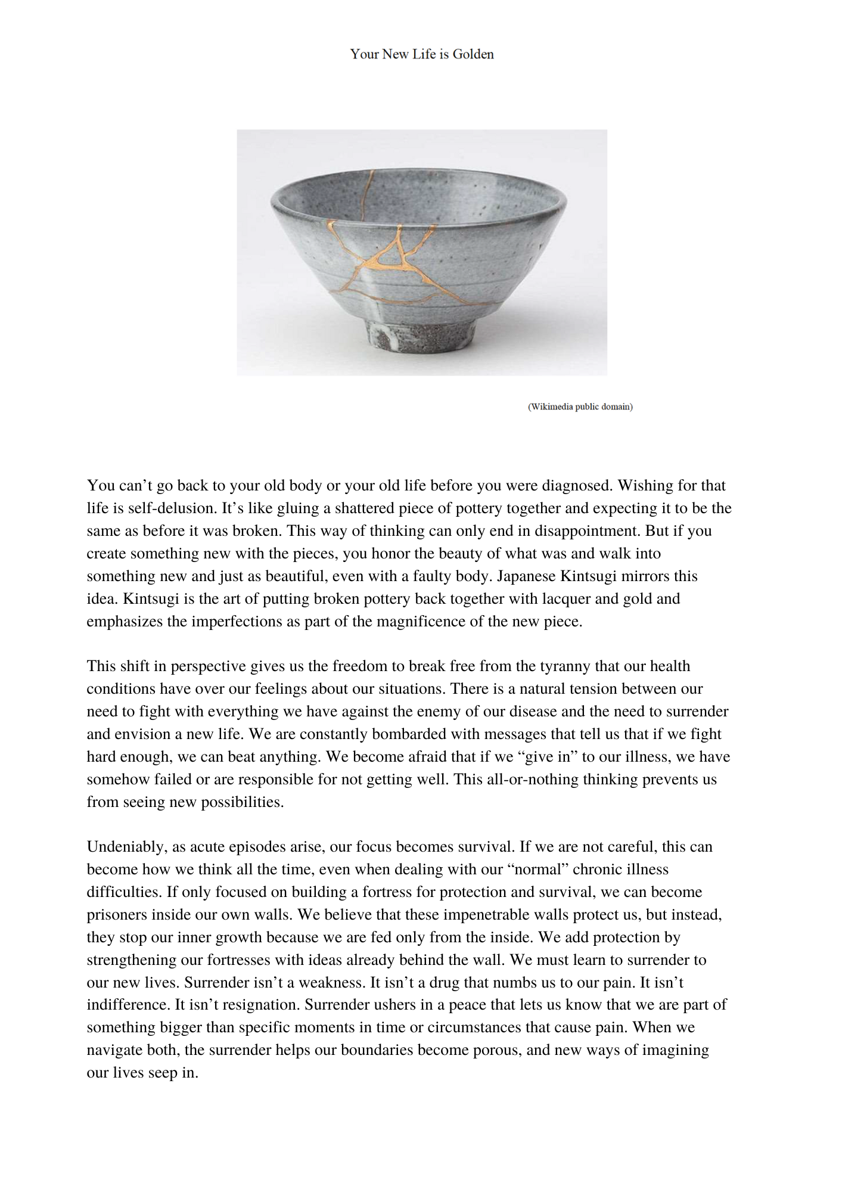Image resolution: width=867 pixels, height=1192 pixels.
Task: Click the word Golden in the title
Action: pyautogui.click(x=473, y=54)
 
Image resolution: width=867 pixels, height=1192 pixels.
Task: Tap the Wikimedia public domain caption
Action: pyautogui.click(x=580, y=406)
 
